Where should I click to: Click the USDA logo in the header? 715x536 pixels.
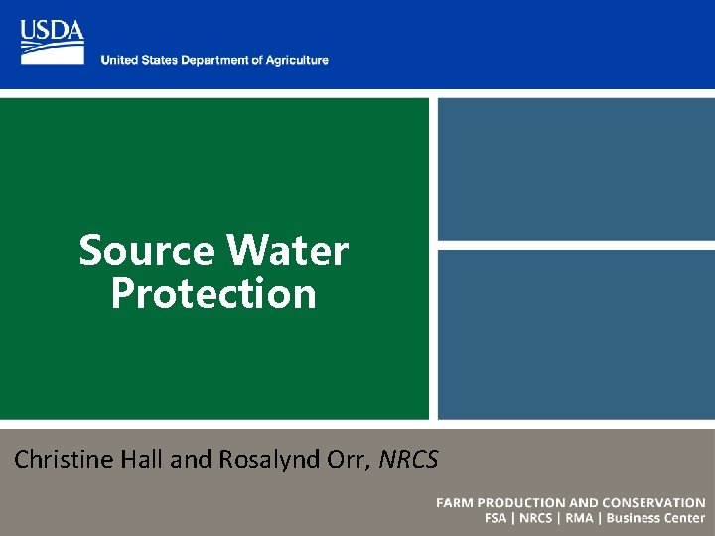pyautogui.click(x=52, y=41)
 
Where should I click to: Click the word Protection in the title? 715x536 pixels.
pyautogui.click(x=214, y=294)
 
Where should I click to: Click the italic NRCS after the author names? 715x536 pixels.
pyautogui.click(x=408, y=459)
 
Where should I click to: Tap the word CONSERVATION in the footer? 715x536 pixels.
pyautogui.click(x=651, y=503)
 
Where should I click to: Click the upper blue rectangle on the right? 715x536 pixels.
pyautogui.click(x=576, y=169)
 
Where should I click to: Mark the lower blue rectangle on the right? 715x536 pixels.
pyautogui.click(x=576, y=334)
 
